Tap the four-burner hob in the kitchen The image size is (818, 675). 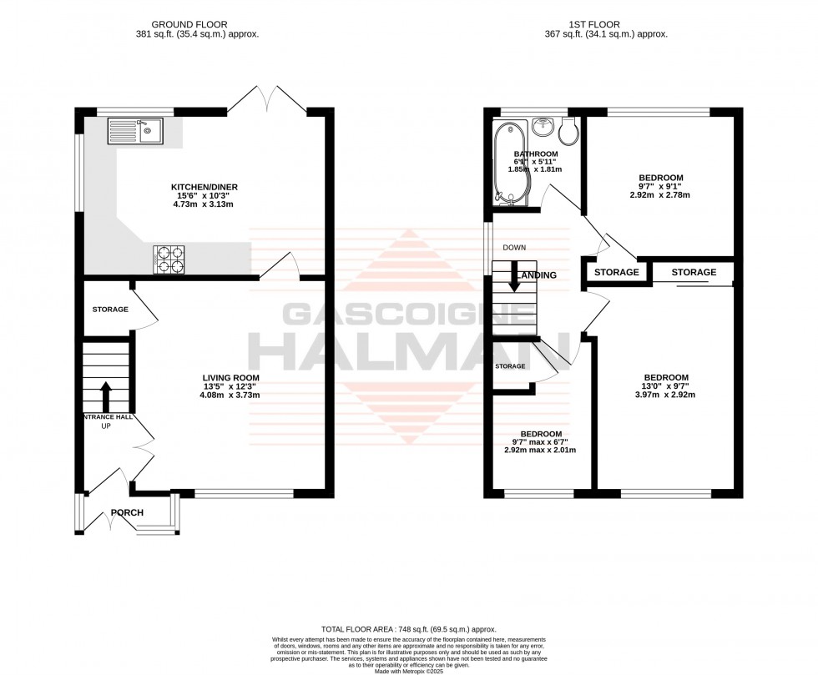coord(170,260)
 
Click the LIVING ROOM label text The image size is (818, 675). coord(225,376)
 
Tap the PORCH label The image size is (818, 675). coord(127,512)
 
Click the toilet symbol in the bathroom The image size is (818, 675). coord(572,131)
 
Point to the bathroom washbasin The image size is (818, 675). coord(543,127)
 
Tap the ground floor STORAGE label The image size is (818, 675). coord(110,310)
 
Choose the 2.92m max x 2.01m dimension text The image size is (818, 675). coord(541,450)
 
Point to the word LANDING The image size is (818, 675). coord(538,275)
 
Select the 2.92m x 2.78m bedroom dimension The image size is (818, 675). coord(661,194)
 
